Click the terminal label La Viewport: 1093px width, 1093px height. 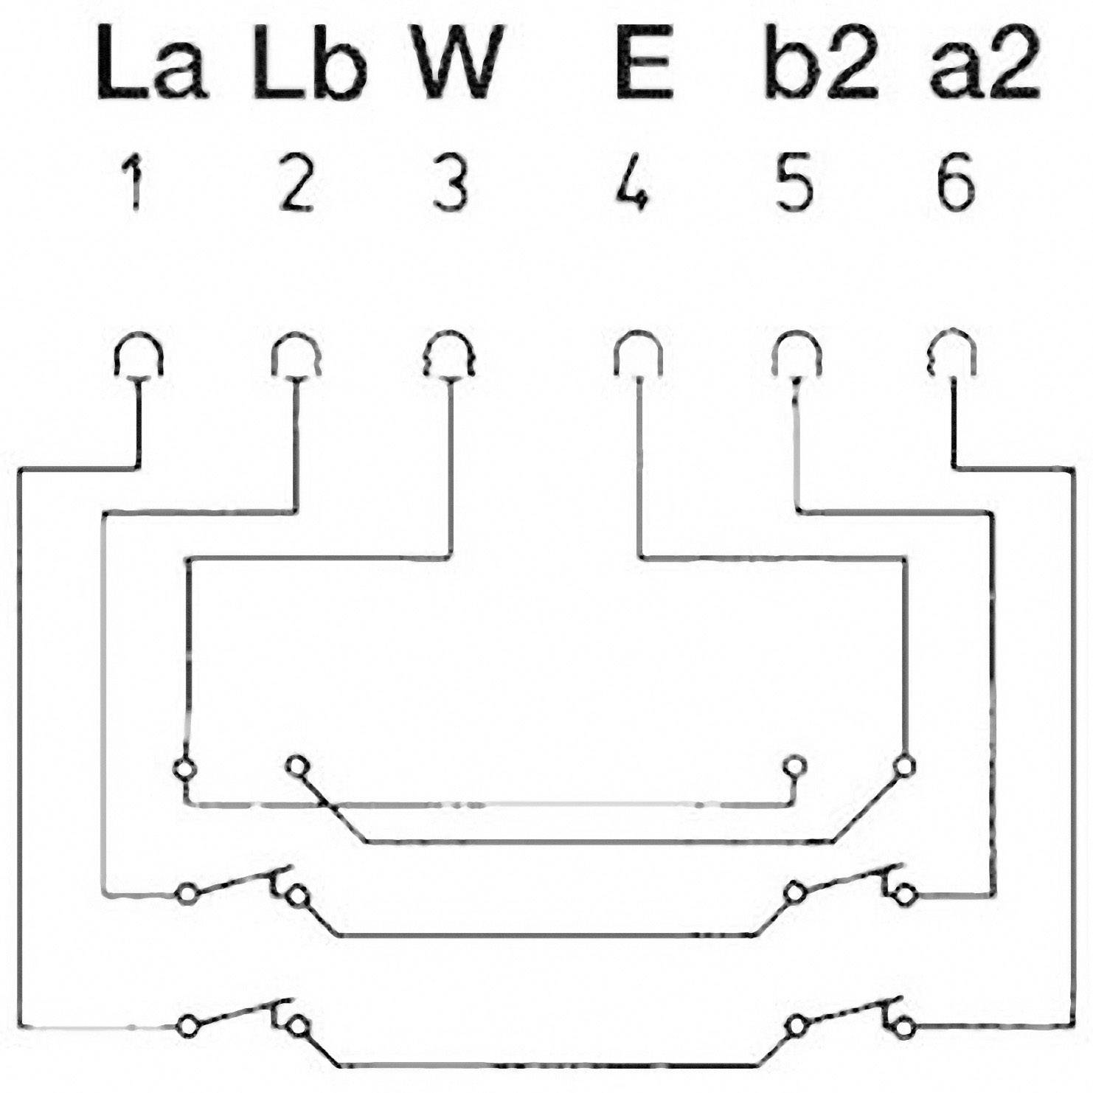tap(151, 63)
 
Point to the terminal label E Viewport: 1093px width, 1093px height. tap(645, 63)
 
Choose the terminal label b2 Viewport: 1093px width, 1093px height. tap(821, 63)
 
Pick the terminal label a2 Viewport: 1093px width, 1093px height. tap(984, 63)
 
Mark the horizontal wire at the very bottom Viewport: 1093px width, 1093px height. tap(549, 1064)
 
